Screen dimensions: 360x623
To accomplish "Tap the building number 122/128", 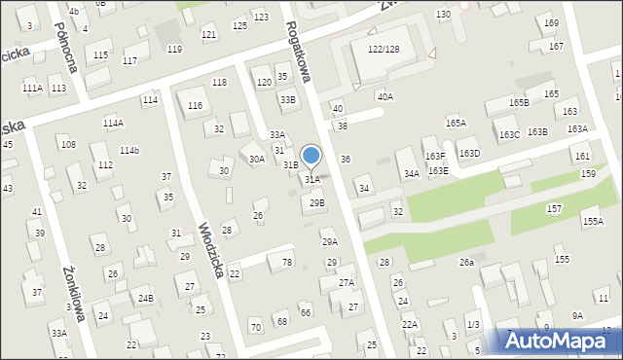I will click(x=384, y=49).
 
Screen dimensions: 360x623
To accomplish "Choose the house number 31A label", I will click(x=311, y=179).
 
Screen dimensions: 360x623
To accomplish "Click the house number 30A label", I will click(x=256, y=159).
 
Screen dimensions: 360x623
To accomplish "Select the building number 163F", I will click(x=435, y=156).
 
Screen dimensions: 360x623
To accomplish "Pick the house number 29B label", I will click(x=316, y=202).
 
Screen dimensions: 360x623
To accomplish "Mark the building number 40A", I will click(x=385, y=96).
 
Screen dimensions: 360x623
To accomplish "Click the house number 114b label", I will click(x=129, y=150).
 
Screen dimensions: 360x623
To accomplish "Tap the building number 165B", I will click(x=519, y=102).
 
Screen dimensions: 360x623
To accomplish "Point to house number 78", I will click(x=286, y=263).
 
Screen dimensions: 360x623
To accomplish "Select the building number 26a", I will click(x=467, y=262).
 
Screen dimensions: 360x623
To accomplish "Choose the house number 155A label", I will click(x=593, y=221).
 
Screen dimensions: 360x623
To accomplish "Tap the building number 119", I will click(x=174, y=49).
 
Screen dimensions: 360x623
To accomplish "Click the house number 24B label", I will click(x=145, y=298).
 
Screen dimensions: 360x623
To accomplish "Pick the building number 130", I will click(x=443, y=14).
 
